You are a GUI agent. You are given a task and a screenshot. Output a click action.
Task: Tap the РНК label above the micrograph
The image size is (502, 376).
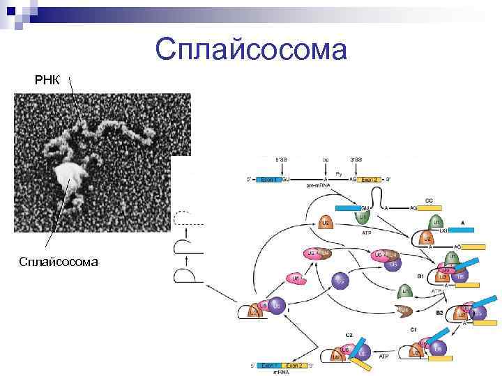point(48,80)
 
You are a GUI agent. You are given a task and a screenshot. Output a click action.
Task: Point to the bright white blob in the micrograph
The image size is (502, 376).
point(69,175)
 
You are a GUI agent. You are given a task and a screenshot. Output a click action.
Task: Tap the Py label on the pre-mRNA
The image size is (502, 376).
point(339,173)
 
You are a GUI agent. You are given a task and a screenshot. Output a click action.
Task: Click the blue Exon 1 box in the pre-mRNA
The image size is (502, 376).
point(268,179)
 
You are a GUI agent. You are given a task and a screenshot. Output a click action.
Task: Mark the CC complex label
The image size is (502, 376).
point(429,201)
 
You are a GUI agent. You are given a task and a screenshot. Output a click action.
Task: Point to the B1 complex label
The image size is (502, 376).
point(420,276)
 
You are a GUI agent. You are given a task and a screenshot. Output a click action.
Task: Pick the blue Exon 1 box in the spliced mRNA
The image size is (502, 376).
point(269,364)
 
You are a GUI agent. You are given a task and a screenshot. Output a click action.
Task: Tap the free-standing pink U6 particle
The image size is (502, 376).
point(296,279)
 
